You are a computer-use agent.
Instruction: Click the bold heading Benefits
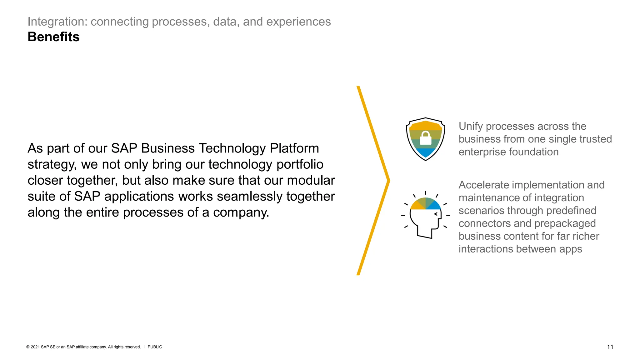click(x=53, y=37)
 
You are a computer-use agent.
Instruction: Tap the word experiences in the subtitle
click(x=298, y=22)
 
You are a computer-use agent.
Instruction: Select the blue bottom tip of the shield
click(x=425, y=153)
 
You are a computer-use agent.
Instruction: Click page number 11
click(x=610, y=347)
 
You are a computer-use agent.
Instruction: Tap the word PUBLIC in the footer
click(x=155, y=347)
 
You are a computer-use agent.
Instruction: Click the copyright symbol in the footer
click(x=28, y=347)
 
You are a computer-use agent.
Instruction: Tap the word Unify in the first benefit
click(x=471, y=126)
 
